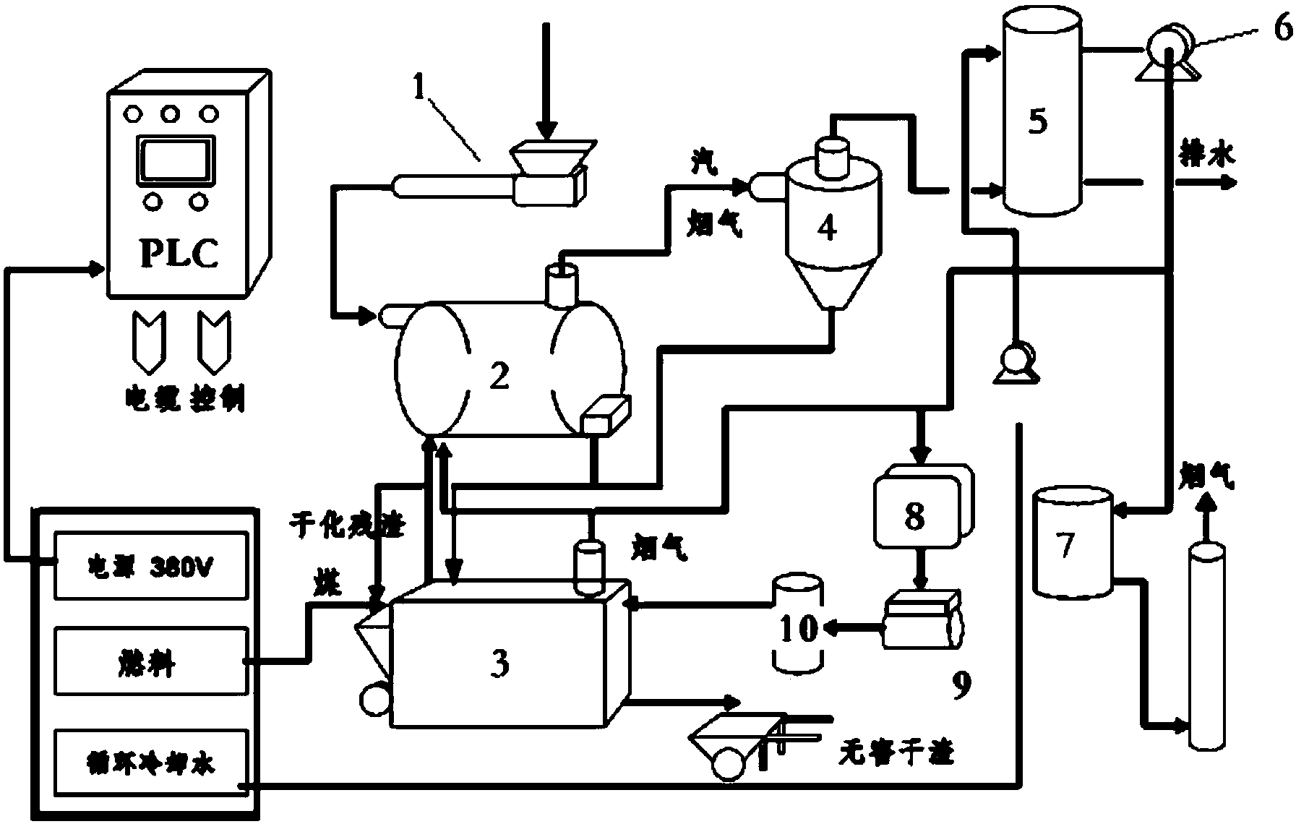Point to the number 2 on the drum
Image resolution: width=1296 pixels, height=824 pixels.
(x=499, y=376)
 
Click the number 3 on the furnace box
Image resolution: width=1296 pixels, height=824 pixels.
(x=499, y=663)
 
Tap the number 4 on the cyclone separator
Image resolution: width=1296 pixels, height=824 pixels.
(x=826, y=228)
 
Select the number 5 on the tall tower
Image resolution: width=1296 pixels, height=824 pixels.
(x=1038, y=121)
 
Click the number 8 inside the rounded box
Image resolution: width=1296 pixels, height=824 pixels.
(x=914, y=516)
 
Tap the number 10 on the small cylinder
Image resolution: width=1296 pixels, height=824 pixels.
(x=799, y=628)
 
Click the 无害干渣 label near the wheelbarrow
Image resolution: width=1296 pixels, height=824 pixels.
(x=896, y=754)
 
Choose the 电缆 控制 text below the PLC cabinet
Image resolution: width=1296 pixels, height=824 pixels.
(x=185, y=399)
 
